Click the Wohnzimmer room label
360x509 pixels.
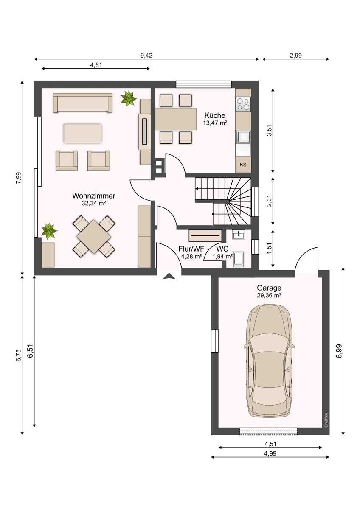[94, 196]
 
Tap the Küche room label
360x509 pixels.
[215, 115]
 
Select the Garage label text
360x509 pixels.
[269, 288]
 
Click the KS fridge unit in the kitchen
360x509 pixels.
[243, 165]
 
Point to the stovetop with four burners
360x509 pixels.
[243, 104]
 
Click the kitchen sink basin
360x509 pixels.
[243, 137]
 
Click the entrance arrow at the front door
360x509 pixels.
[169, 276]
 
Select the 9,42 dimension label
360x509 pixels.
[146, 56]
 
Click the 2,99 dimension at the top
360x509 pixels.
[295, 56]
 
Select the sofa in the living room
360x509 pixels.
[83, 103]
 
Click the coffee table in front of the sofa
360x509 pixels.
[82, 133]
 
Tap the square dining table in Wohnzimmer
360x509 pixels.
[94, 236]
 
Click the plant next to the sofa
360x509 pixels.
[129, 98]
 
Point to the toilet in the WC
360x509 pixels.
[238, 259]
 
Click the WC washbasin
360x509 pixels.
[238, 234]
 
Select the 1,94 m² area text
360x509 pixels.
[222, 257]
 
